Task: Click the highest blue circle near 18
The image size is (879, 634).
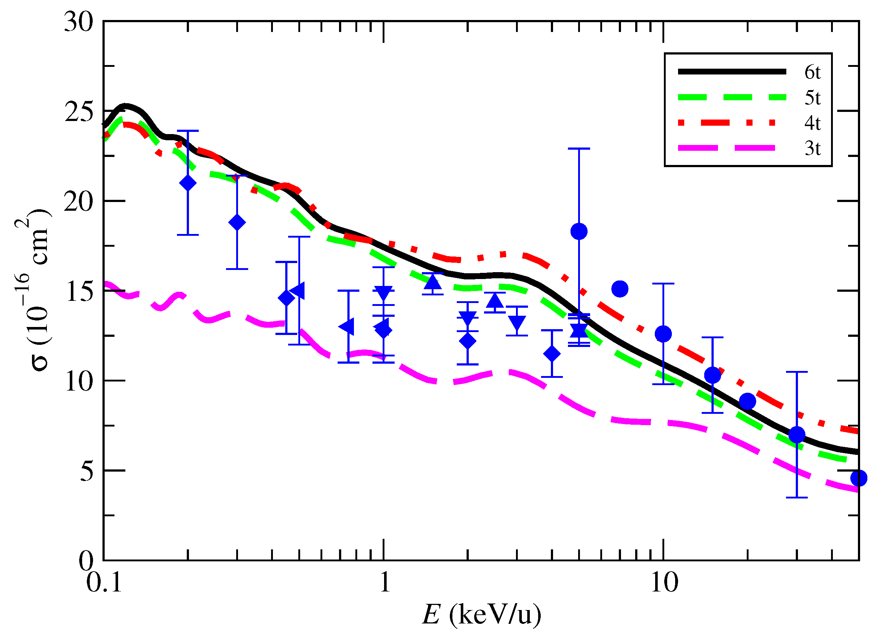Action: [579, 231]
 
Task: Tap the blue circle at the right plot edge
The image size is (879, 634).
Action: [858, 478]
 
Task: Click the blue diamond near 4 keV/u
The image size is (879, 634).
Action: [552, 354]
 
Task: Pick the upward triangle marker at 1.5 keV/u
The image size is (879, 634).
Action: [433, 283]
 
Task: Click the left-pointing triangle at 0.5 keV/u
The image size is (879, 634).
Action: [298, 291]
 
